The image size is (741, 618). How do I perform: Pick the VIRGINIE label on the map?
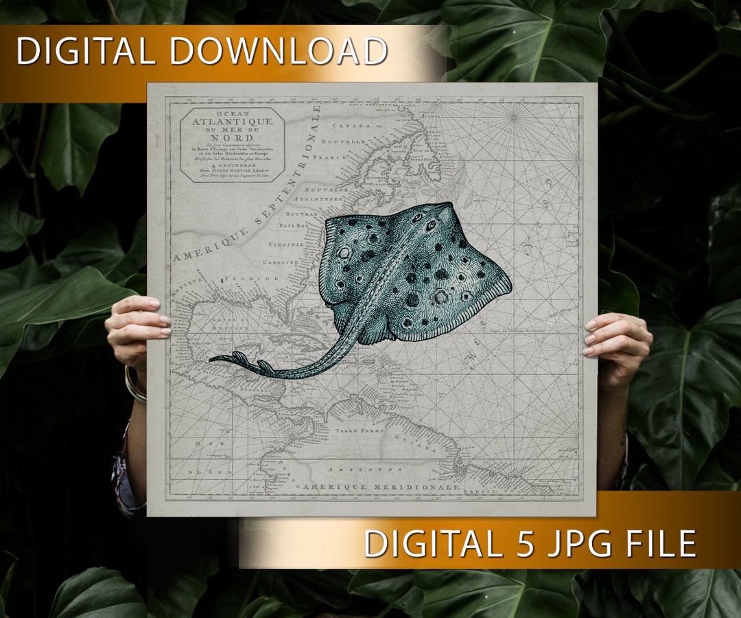click(x=287, y=244)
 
